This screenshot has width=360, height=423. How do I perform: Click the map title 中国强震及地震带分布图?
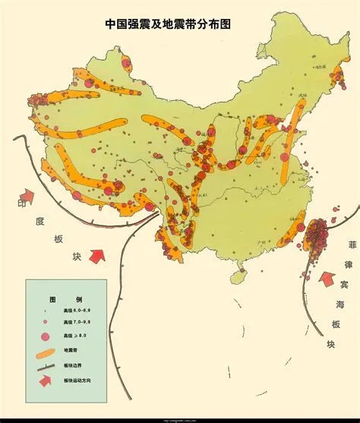167,24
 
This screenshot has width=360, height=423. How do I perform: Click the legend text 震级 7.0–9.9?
80,323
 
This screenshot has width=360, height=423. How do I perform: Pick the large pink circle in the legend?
46,336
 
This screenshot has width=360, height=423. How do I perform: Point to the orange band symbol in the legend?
44,352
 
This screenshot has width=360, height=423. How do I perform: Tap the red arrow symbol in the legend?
45,380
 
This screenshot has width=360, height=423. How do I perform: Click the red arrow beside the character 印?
27,197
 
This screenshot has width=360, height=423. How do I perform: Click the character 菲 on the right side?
351,245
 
